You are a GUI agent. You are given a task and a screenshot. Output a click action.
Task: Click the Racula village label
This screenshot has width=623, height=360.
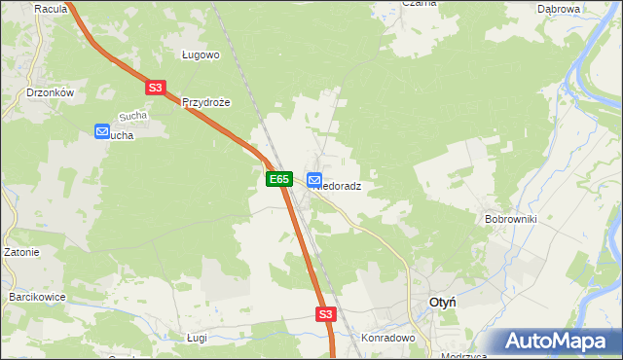(49, 9)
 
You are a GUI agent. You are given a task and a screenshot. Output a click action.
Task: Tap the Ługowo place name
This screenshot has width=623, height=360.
(202, 55)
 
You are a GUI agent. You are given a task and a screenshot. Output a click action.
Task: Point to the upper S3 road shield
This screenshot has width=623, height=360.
(156, 88)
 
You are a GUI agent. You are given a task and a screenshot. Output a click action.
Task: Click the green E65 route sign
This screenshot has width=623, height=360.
(278, 179)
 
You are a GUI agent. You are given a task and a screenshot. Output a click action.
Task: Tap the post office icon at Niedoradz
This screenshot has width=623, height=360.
(314, 180)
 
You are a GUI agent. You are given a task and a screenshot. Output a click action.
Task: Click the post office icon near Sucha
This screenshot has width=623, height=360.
(102, 131)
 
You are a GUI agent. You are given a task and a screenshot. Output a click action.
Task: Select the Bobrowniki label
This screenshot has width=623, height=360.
(511, 219)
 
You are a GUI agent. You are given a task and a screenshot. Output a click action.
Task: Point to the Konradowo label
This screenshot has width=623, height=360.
(388, 339)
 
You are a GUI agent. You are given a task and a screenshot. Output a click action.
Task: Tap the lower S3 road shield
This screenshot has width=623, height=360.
(325, 314)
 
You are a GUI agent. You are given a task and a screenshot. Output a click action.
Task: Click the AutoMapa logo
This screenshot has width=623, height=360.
(558, 341)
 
